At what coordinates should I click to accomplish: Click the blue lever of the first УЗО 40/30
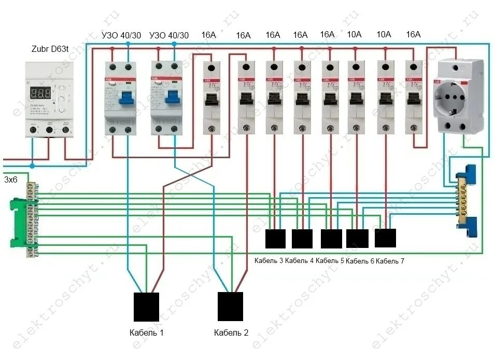click(127, 97)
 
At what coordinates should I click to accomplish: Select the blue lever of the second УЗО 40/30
click(173, 97)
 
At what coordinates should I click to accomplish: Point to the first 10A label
click(355, 34)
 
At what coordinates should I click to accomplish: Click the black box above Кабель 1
click(146, 307)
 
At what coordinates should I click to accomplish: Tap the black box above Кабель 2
click(230, 307)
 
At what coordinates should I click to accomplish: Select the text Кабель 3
click(269, 260)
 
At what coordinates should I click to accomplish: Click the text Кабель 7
click(390, 261)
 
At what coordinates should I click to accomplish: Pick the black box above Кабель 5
click(331, 239)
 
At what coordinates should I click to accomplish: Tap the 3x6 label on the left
click(11, 180)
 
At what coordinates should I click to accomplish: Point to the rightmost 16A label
click(413, 34)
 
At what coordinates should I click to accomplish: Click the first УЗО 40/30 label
click(121, 35)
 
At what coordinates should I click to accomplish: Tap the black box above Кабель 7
click(385, 238)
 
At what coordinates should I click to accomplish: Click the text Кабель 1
click(147, 333)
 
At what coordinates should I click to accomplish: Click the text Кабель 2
click(231, 333)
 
